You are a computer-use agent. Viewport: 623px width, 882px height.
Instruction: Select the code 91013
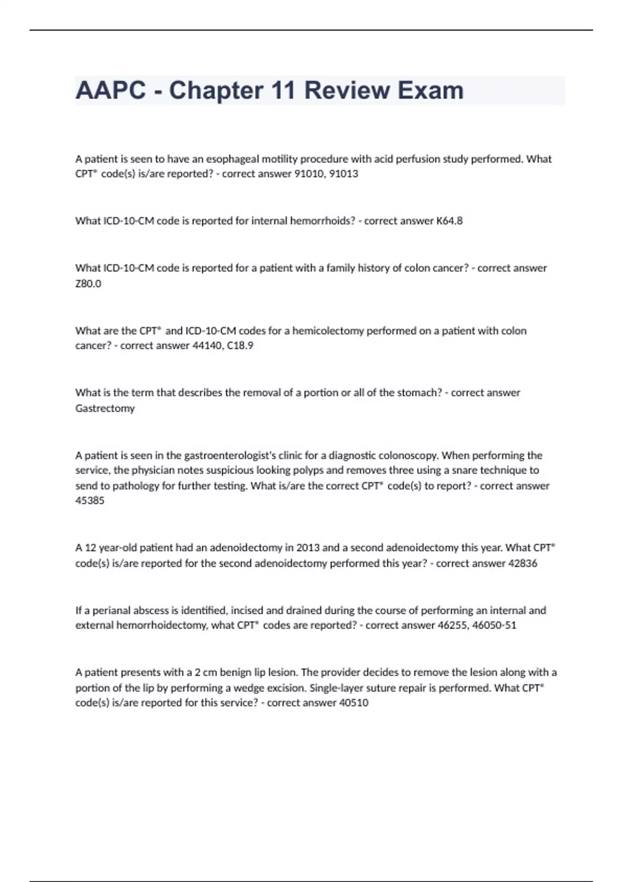coord(344,174)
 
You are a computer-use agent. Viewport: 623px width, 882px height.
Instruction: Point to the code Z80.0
coord(88,284)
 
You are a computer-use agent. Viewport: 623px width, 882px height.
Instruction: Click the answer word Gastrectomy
coord(105,408)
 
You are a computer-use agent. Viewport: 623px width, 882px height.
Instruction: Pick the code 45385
coord(90,501)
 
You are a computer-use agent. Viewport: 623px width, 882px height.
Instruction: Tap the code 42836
coord(522,563)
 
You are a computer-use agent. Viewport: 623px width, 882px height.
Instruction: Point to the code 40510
coord(354,703)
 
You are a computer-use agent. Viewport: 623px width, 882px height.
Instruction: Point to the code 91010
coord(310,174)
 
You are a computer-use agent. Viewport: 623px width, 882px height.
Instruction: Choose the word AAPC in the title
coord(111,90)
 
